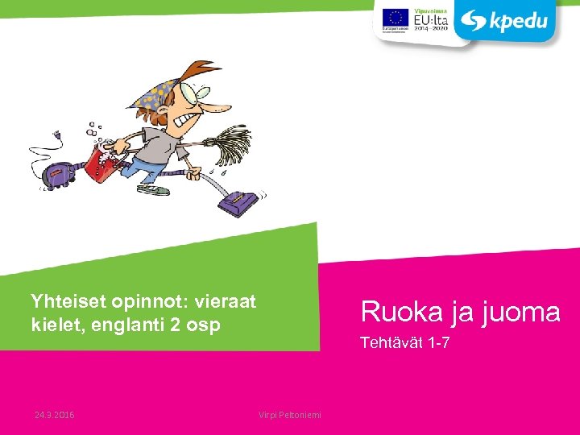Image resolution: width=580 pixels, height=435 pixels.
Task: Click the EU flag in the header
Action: [395, 18]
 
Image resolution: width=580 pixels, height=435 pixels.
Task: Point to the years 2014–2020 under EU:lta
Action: [430, 26]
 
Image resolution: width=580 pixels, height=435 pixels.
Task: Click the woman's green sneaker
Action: [155, 191]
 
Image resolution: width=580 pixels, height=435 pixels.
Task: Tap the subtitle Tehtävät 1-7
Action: [404, 344]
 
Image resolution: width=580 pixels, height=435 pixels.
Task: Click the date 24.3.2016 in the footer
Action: [55, 415]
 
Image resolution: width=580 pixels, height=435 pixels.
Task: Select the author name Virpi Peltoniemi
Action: [290, 415]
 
